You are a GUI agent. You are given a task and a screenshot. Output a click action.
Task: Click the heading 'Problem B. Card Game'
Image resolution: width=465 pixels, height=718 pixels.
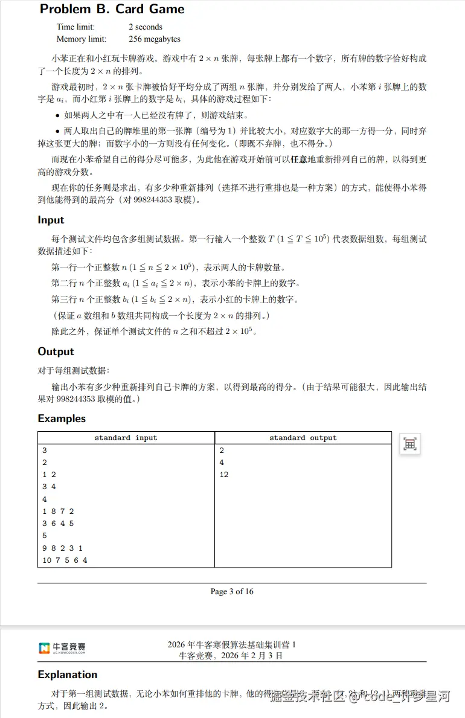[112, 9]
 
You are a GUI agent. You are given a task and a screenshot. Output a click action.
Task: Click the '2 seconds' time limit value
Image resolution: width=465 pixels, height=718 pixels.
[146, 27]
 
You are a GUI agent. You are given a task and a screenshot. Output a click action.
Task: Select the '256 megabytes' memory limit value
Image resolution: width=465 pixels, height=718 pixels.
[155, 39]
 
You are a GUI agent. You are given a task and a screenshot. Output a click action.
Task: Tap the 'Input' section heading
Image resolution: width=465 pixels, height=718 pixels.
[51, 220]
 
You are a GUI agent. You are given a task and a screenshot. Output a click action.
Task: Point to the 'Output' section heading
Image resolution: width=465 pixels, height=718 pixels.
[56, 351]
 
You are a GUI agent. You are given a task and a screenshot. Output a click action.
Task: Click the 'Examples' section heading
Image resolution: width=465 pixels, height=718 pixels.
[62, 418]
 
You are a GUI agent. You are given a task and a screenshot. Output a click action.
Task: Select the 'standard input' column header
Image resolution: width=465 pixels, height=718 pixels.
[126, 438]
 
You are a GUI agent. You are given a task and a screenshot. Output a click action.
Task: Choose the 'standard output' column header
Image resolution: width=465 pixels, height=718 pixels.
[303, 438]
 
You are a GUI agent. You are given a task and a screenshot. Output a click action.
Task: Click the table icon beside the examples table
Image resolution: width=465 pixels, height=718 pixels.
[410, 444]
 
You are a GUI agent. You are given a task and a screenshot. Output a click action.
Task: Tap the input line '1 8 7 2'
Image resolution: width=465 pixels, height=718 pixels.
[58, 511]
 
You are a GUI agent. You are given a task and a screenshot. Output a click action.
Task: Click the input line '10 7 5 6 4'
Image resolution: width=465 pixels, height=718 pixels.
[65, 560]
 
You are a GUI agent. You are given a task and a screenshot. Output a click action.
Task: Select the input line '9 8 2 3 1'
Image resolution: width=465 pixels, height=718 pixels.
[62, 548]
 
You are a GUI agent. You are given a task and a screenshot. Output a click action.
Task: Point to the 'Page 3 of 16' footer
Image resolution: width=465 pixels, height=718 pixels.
[232, 591]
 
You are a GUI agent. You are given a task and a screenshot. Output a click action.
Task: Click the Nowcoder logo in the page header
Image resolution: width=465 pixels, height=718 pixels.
[62, 649]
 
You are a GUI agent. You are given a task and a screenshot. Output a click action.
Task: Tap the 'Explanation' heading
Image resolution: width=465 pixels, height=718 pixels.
[67, 675]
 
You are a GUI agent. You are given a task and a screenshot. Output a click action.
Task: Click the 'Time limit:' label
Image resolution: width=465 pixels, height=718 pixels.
[75, 27]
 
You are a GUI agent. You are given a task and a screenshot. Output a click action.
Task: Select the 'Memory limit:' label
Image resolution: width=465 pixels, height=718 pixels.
[81, 39]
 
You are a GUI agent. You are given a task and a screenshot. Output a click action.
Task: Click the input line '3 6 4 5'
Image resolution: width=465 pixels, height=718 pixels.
[58, 524]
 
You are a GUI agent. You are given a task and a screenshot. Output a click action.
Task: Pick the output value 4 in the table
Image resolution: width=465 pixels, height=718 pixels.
[221, 463]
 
